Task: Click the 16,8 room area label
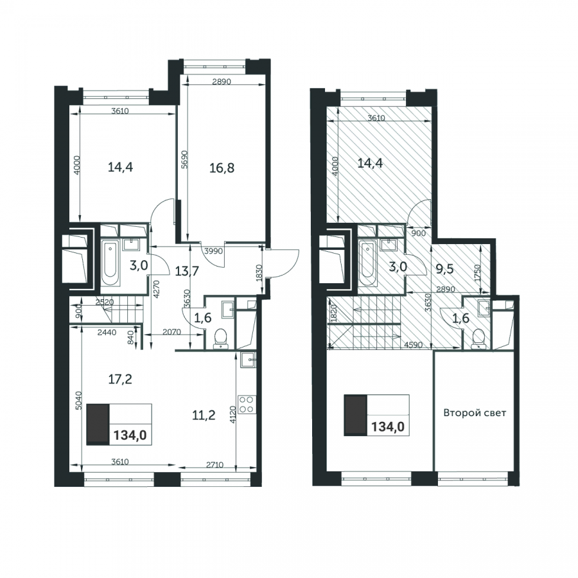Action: pos(222,168)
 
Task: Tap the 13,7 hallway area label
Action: pos(187,271)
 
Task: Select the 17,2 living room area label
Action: pos(120,379)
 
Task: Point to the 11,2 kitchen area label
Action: pos(204,416)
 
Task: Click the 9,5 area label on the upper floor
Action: pos(444,268)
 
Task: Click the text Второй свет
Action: pos(475,412)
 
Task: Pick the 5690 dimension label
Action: pos(185,159)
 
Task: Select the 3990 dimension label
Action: pos(214,251)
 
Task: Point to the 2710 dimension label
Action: pos(215,465)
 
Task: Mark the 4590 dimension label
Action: pos(414,346)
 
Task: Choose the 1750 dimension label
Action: pos(478,273)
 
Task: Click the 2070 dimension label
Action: pos(171,332)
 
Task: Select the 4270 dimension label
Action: pos(156,290)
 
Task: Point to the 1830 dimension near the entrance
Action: pos(259,273)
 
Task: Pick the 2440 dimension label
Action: pos(107,333)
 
